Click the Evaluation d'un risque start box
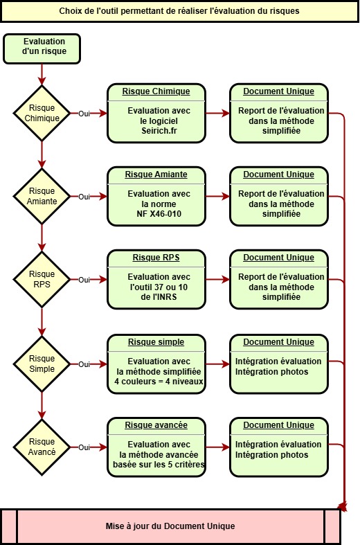click(x=42, y=48)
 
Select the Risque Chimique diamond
click(x=42, y=113)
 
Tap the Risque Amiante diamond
click(x=42, y=196)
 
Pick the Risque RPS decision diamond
click(x=42, y=279)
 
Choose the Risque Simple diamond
click(x=42, y=364)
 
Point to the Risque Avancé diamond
click(x=42, y=447)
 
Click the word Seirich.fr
click(x=159, y=131)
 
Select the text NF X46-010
click(x=159, y=214)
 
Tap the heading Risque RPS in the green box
click(x=156, y=258)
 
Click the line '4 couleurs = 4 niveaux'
click(x=159, y=382)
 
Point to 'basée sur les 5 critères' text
click(x=159, y=465)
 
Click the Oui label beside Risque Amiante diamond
click(x=84, y=197)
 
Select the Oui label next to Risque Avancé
click(x=84, y=447)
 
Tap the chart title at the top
click(x=179, y=11)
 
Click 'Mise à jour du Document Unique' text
click(x=170, y=526)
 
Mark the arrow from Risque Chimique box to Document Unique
click(x=217, y=113)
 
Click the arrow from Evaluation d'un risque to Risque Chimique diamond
click(x=42, y=75)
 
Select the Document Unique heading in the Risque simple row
click(x=279, y=342)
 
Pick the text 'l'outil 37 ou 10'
click(x=159, y=287)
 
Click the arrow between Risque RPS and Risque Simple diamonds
click(x=42, y=322)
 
